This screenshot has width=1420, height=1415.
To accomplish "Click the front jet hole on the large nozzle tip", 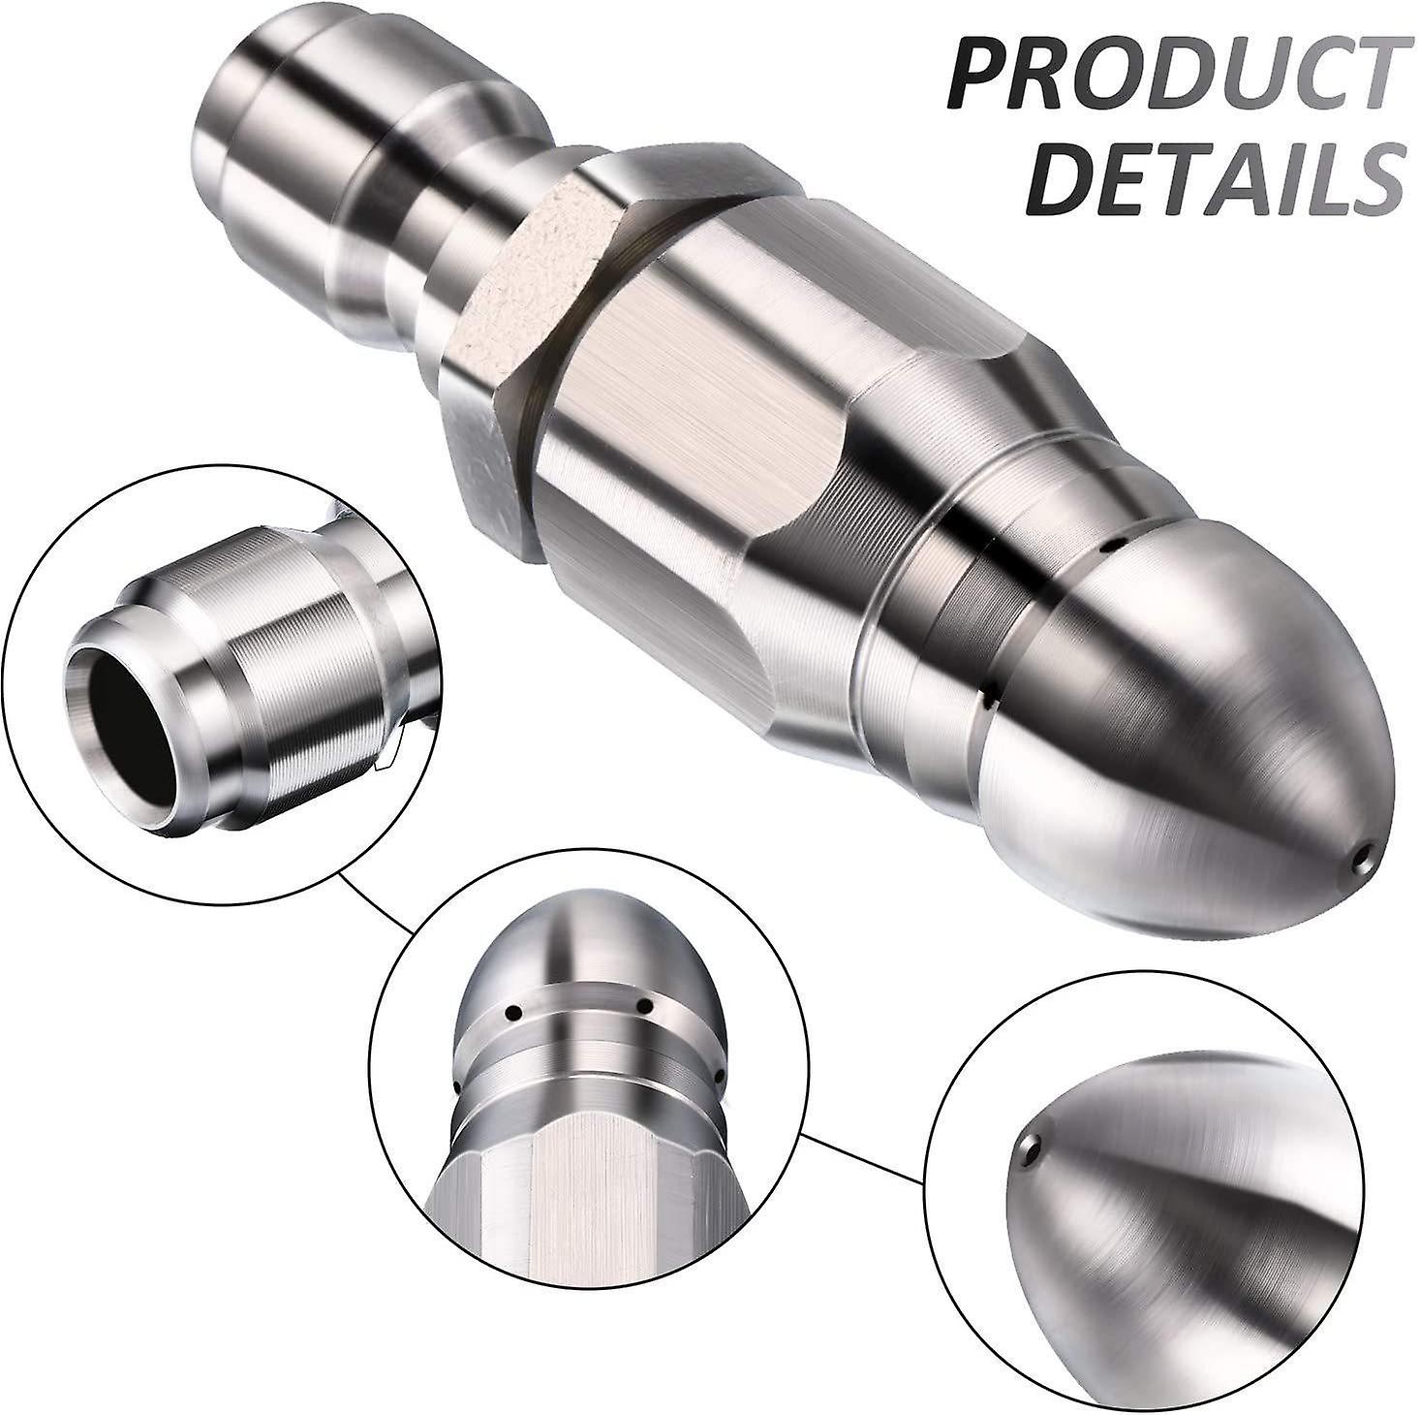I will tap(1365, 855).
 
